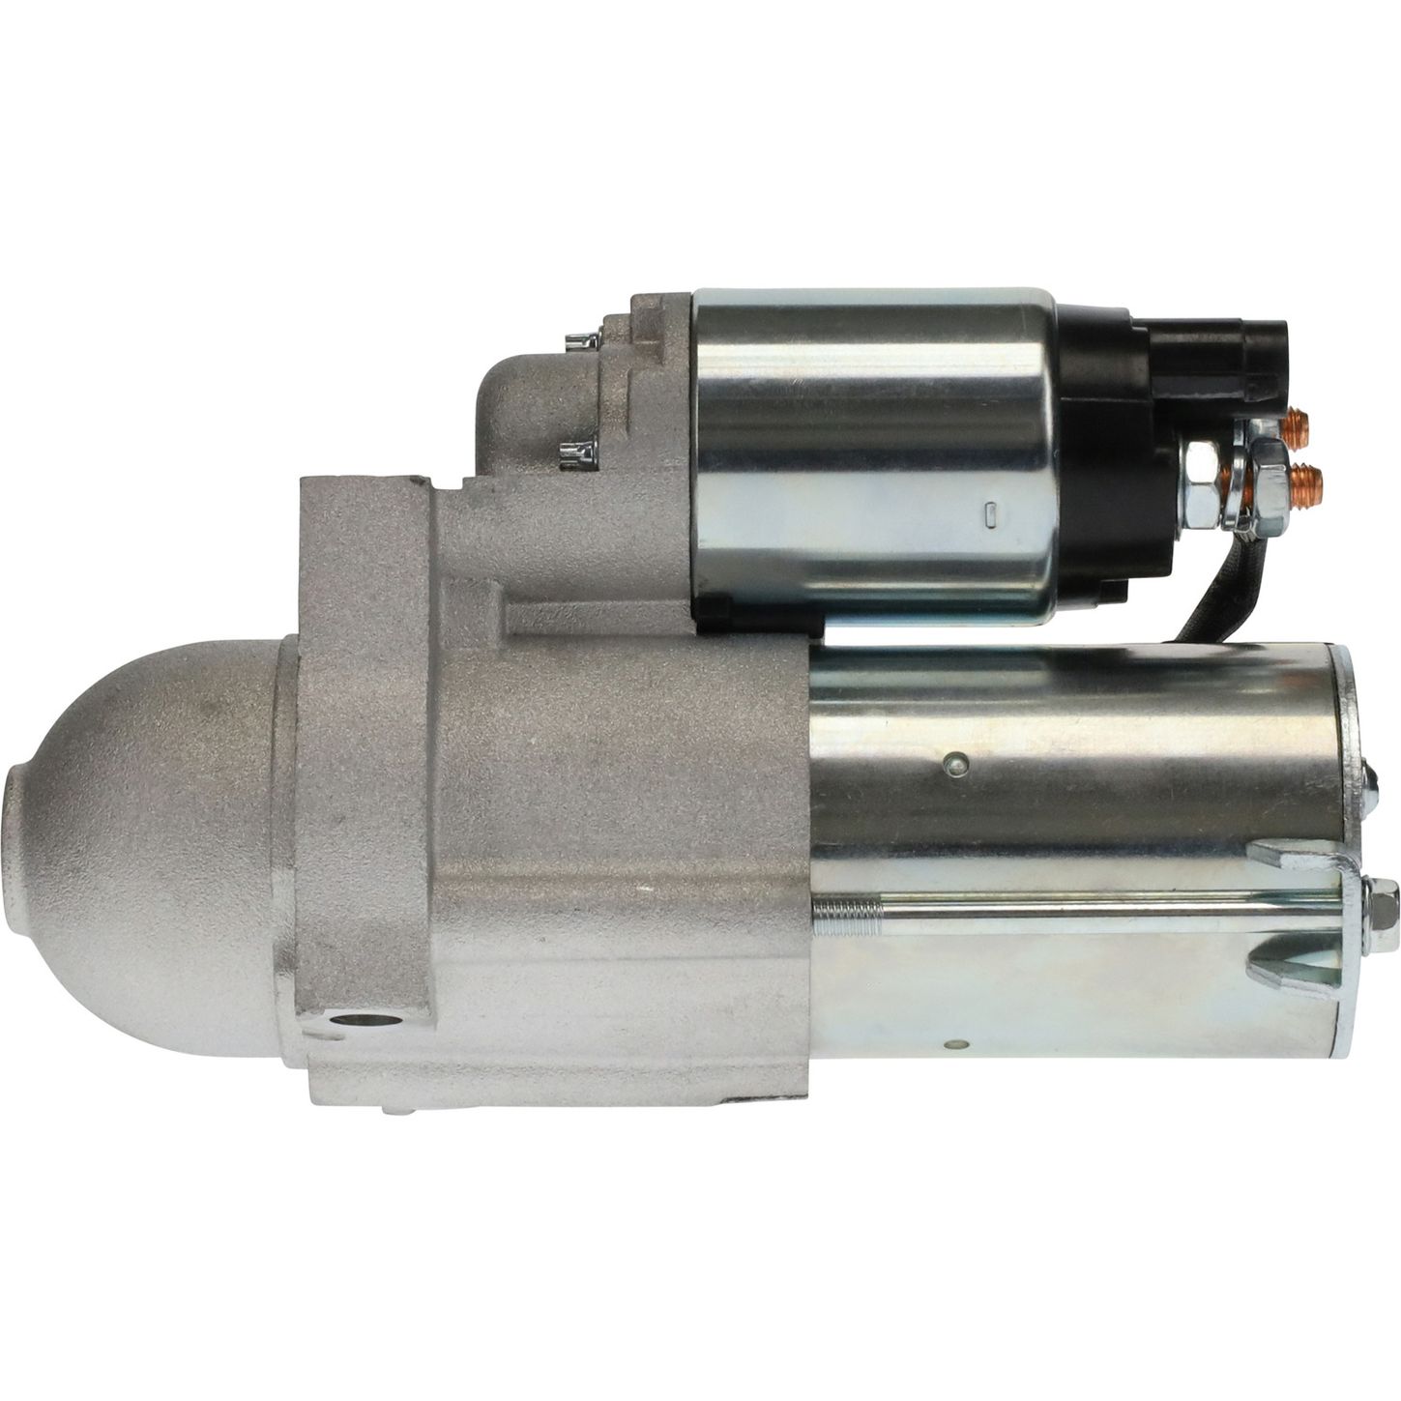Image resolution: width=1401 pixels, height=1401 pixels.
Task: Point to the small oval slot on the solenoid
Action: point(990,514)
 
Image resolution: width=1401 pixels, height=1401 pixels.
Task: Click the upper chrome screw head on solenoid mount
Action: point(580,340)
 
